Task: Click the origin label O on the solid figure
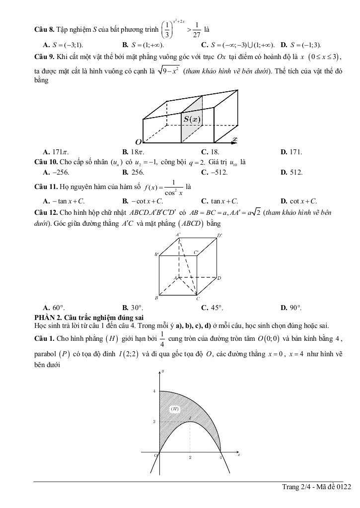pyautogui.click(x=139, y=142)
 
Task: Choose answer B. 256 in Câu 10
pyautogui.click(x=133, y=172)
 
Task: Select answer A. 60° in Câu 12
pyautogui.click(x=54, y=308)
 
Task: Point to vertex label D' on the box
pyautogui.click(x=219, y=235)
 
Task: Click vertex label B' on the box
pyautogui.click(x=156, y=254)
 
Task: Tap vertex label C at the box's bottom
pyautogui.click(x=198, y=299)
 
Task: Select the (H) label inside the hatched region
pyautogui.click(x=174, y=408)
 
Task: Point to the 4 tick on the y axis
pyautogui.click(x=154, y=391)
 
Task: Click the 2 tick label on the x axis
pyautogui.click(x=190, y=457)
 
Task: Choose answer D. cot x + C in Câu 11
pyautogui.click(x=298, y=201)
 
